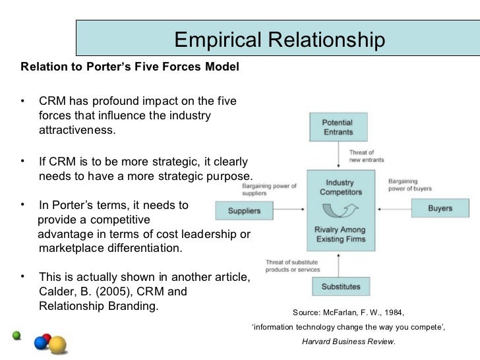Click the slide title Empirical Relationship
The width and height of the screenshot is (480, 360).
point(280,41)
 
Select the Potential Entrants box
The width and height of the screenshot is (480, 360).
point(337,128)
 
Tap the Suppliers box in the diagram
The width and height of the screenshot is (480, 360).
point(244,211)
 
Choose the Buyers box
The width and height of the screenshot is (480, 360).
point(440,209)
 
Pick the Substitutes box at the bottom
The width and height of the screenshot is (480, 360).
point(341,286)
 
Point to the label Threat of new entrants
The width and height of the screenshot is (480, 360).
point(367,157)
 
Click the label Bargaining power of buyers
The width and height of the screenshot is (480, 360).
point(410,185)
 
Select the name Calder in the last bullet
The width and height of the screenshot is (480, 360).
point(60,291)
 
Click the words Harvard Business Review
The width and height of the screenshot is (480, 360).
point(348,342)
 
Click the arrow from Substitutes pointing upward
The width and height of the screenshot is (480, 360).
point(339,264)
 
